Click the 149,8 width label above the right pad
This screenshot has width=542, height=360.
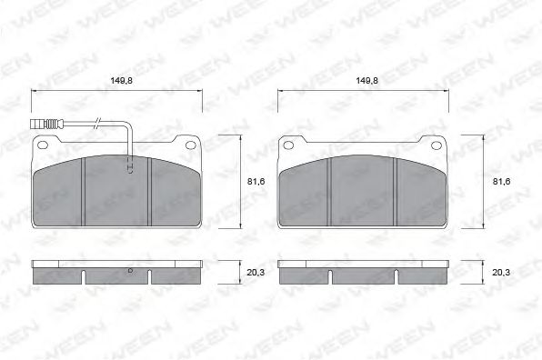point(366,81)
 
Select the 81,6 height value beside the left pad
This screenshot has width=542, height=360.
point(256,182)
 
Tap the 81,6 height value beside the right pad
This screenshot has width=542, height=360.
point(501,182)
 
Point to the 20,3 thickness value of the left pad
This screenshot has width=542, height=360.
point(256,271)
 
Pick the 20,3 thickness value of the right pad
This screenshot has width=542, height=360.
point(501,271)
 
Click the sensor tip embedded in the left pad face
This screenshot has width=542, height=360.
point(129,167)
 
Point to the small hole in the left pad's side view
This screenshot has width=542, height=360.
point(130,271)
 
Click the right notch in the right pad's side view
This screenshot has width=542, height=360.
point(396,276)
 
